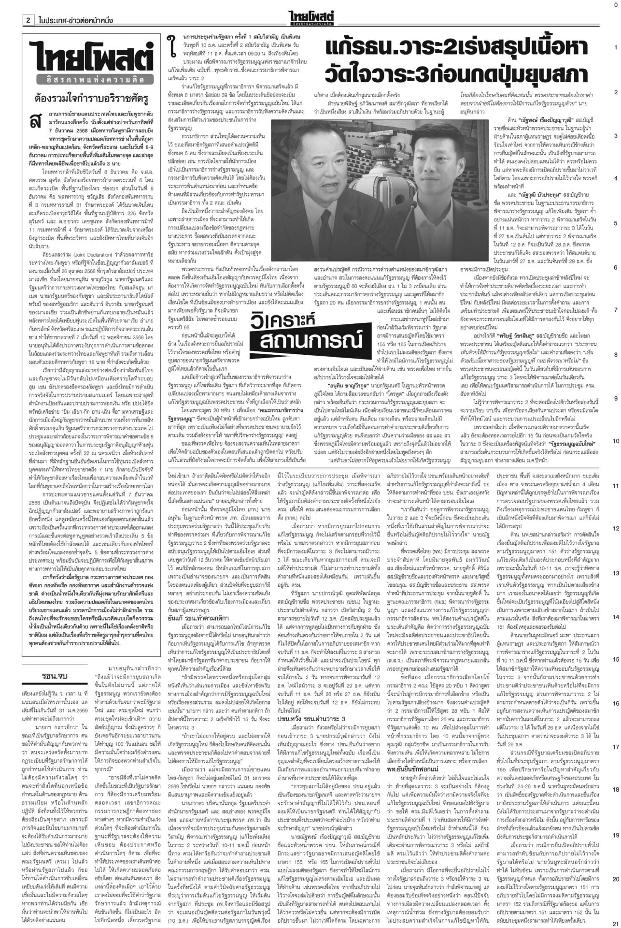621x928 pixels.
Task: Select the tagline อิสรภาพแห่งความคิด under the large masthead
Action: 91,75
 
